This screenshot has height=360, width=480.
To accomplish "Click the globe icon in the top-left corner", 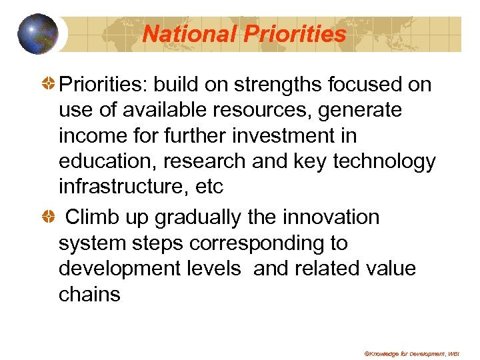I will click(38, 33).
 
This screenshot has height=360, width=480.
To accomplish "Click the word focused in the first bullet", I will click(366, 85).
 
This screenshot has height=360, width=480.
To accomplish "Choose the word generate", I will click(360, 111).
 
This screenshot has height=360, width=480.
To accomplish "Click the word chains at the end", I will click(89, 294).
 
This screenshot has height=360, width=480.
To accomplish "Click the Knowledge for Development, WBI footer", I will click(416, 353).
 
